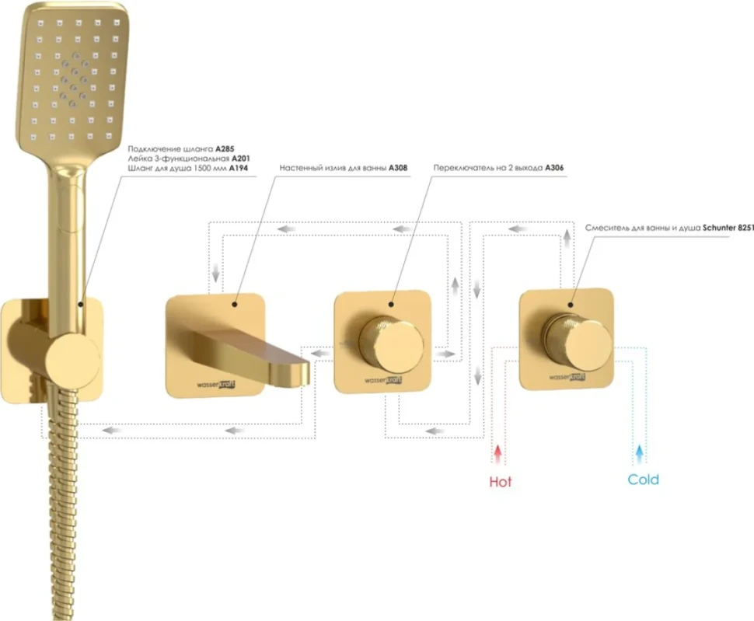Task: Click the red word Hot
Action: (x=500, y=482)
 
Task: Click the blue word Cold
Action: (x=643, y=480)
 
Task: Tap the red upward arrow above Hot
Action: (x=498, y=454)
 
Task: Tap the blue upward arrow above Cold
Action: (x=639, y=454)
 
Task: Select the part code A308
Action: (x=398, y=168)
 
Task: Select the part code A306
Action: (x=554, y=168)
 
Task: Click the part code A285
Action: (x=225, y=149)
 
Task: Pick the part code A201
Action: (x=240, y=158)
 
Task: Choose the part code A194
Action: (x=239, y=168)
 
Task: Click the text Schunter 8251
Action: (x=728, y=228)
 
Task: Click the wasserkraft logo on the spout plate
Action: (x=216, y=385)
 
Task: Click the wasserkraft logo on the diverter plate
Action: (x=382, y=380)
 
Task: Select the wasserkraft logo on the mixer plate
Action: (x=567, y=377)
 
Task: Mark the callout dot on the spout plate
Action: (x=235, y=304)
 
